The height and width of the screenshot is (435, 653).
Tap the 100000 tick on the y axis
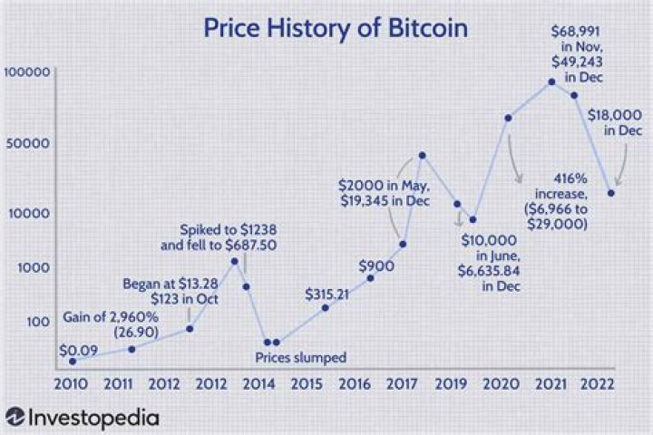point(28,72)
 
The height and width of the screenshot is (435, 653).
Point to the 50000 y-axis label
point(32,143)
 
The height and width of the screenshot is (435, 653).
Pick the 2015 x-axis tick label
point(305,383)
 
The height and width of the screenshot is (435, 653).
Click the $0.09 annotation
point(78,348)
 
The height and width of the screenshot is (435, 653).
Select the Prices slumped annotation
point(300,357)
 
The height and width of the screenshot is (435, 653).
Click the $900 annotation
point(375,266)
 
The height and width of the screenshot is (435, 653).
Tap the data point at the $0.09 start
point(73,361)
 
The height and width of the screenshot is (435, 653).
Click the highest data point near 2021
point(551,82)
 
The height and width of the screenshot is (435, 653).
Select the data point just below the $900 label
point(370,278)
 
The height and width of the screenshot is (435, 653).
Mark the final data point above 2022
point(611,193)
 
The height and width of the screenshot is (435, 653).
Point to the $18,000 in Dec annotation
point(615,122)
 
